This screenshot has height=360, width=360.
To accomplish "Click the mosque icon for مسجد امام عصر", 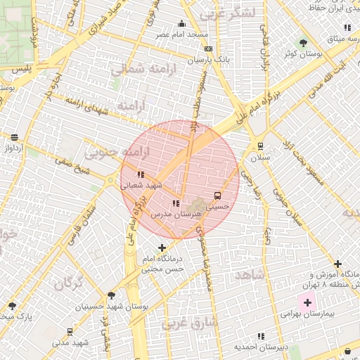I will coord(182,23).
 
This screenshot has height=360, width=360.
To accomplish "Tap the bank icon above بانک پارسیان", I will coord(208,49).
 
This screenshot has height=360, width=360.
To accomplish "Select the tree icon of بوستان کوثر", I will coord(303,42).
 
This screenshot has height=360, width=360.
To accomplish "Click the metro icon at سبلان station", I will coord(261,146).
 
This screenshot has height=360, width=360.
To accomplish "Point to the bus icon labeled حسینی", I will coord(217,195).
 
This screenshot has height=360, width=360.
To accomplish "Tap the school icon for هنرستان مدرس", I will coord(176,203).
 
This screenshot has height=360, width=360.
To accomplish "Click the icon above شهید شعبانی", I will coord(141,174).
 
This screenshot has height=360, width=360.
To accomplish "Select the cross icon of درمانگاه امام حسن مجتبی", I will coord(162,247).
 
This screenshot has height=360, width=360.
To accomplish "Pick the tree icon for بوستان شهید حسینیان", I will coord(111,295).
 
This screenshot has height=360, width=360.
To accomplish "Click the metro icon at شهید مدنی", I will coord(70,331).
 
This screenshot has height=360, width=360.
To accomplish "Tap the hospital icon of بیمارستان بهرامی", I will coord(307,302).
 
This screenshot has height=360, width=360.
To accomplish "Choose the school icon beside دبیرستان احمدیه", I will coord(262,336).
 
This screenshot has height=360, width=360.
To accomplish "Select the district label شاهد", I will coord(250,274).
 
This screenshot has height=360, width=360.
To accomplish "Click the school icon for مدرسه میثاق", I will coord(347,27).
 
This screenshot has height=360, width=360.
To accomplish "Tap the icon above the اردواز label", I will coord(15,137).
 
